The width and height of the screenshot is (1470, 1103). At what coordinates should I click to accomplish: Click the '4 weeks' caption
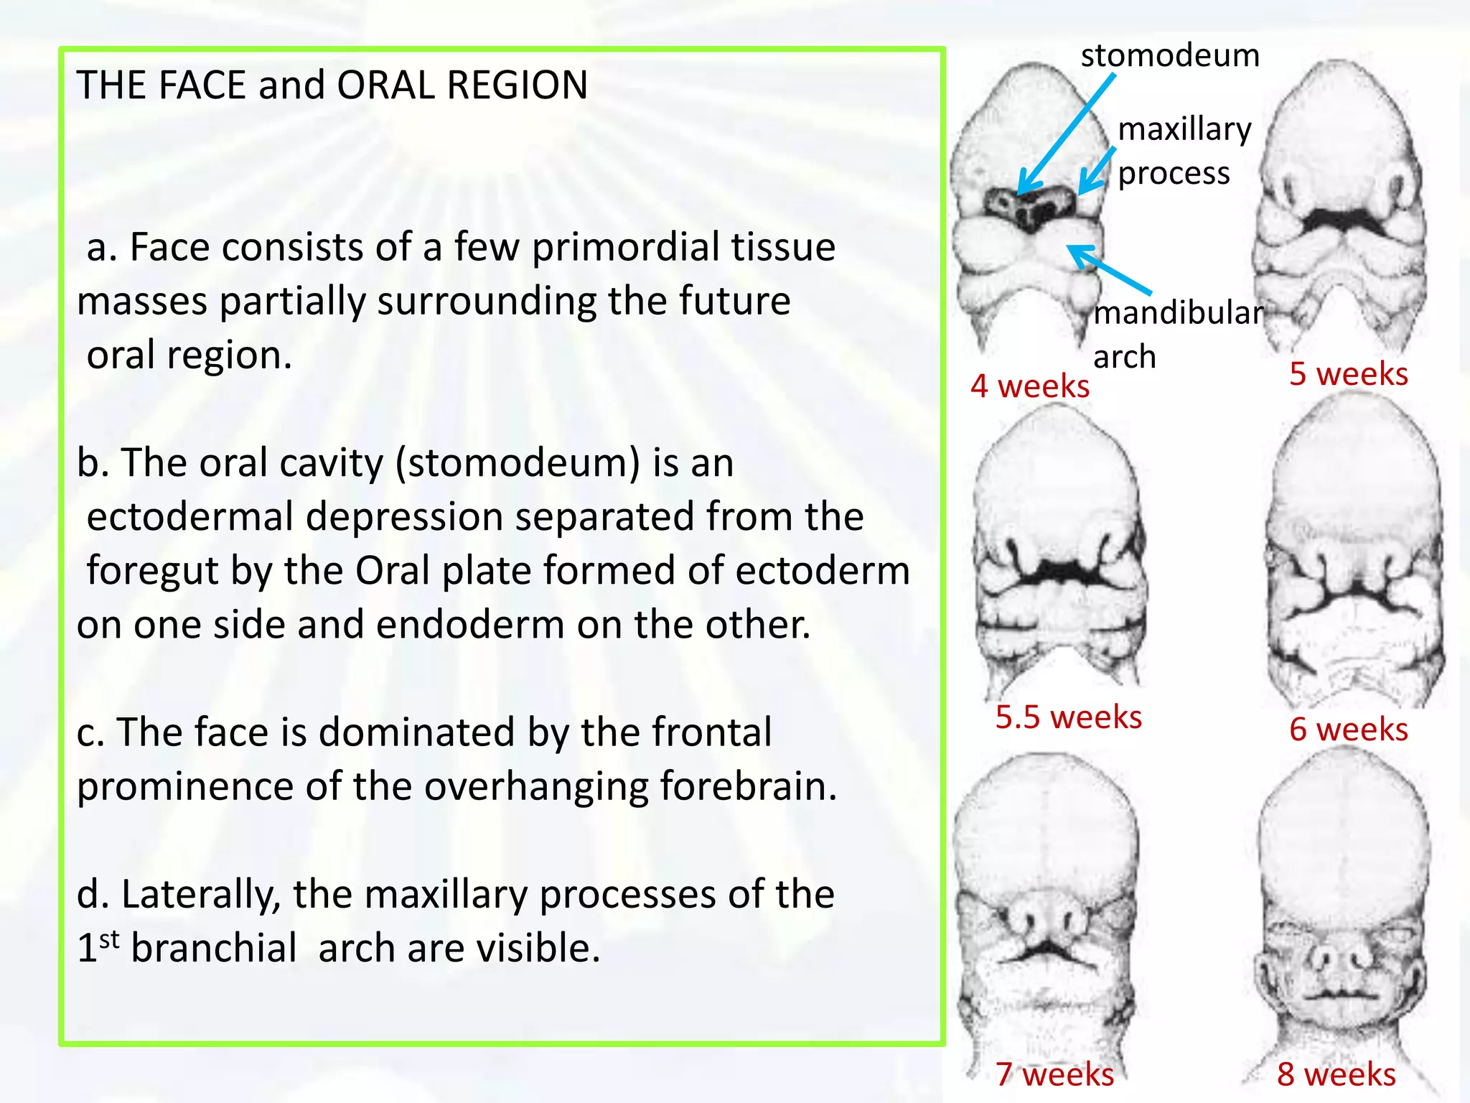point(1029,386)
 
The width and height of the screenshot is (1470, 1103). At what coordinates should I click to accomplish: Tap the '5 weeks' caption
point(1348,374)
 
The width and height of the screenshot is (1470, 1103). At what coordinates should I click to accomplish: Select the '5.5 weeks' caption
point(1068,717)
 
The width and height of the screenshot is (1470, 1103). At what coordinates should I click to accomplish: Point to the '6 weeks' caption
point(1348,730)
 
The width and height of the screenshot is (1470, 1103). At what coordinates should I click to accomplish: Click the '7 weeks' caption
point(1054,1074)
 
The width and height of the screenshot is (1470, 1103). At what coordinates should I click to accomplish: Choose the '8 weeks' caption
point(1336,1074)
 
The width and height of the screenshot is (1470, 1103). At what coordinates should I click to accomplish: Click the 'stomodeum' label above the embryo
point(1170,55)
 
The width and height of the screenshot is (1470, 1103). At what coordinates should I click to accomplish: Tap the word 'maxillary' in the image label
point(1184,129)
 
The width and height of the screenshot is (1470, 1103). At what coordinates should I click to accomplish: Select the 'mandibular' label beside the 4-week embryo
point(1177,312)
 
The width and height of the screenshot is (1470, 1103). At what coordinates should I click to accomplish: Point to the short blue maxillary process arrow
point(1097,171)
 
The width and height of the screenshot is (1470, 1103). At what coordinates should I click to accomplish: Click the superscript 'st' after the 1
point(109,939)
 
